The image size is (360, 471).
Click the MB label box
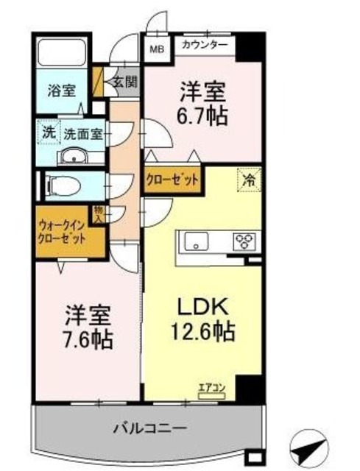click(157, 50)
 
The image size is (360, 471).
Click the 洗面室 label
click(82, 135)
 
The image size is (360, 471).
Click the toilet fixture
click(64, 184)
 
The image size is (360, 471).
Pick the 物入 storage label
click(99, 213)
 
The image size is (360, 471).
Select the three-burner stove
click(244, 241)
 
